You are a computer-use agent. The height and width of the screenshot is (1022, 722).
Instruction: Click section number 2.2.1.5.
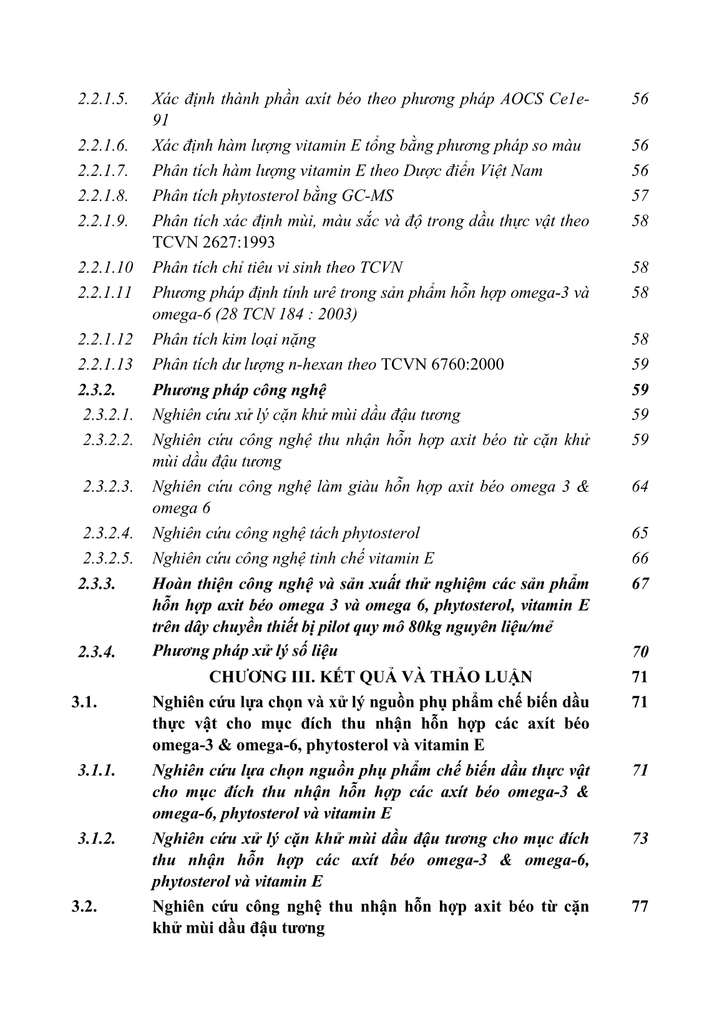coord(103,99)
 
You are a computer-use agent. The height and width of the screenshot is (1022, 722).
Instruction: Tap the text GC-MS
coord(369,196)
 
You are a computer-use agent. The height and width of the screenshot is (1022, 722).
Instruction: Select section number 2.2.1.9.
coord(103,221)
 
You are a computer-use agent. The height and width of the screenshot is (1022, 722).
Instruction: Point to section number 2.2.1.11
coord(105,293)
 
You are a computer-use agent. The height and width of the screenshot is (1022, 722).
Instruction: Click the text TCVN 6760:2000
coord(442,365)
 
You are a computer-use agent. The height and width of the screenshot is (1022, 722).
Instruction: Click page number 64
coord(640,486)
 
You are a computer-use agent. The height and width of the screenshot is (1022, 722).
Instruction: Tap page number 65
coord(640,533)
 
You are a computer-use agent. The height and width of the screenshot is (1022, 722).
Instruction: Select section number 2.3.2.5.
coord(109,558)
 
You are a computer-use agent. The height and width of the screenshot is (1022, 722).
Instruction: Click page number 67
coord(640,584)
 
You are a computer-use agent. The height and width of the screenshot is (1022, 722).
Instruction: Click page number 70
coord(640,652)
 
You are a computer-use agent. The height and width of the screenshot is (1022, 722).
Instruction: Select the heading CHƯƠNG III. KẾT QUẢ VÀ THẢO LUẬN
coord(371,677)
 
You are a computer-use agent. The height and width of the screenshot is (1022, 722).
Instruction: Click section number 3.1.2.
coord(97,839)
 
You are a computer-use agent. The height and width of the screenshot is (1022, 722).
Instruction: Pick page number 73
coord(640,839)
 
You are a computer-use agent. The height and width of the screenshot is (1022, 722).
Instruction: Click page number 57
coord(640,196)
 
